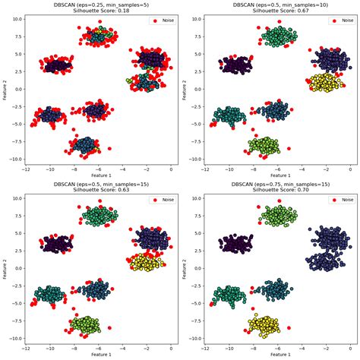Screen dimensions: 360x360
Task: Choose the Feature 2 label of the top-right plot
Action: (185, 90)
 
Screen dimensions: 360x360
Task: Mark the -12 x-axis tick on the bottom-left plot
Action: (27, 348)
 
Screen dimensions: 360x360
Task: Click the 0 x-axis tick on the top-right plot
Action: (351, 169)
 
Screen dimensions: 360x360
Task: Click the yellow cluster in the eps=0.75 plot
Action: (265, 325)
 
